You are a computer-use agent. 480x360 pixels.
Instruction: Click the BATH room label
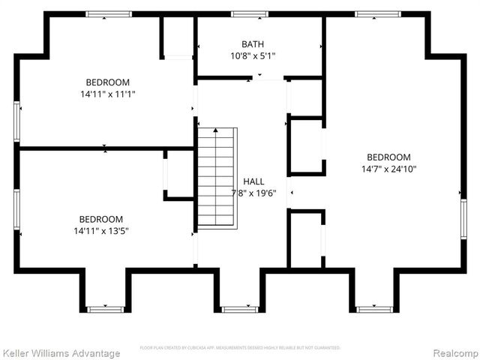click(x=253, y=44)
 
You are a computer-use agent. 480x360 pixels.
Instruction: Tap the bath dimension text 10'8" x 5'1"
click(x=253, y=56)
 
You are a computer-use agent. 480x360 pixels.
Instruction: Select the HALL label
click(x=253, y=181)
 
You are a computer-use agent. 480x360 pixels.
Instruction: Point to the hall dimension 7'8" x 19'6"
click(x=254, y=193)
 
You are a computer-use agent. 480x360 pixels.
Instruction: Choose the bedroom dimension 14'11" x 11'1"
click(x=107, y=94)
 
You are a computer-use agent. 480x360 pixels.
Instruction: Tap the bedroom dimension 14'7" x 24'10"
click(x=388, y=169)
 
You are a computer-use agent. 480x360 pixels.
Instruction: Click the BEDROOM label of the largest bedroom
click(x=388, y=157)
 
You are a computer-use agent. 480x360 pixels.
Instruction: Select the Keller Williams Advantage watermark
click(x=61, y=353)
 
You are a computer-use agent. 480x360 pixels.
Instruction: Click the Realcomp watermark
click(x=452, y=353)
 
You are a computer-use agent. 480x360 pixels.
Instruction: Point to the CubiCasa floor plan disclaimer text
click(x=240, y=348)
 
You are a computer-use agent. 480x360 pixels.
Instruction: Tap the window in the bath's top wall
click(x=249, y=13)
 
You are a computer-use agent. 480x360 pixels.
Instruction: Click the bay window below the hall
click(x=239, y=308)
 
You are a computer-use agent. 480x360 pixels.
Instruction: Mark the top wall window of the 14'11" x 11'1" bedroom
click(x=109, y=13)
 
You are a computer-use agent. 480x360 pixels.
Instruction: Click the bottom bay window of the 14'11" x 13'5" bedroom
click(x=104, y=308)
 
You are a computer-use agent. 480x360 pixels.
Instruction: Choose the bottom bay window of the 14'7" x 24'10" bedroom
click(x=373, y=308)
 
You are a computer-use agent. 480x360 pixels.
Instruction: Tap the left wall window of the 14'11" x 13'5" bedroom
click(x=16, y=213)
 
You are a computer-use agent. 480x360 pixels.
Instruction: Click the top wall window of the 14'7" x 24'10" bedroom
click(x=376, y=13)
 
